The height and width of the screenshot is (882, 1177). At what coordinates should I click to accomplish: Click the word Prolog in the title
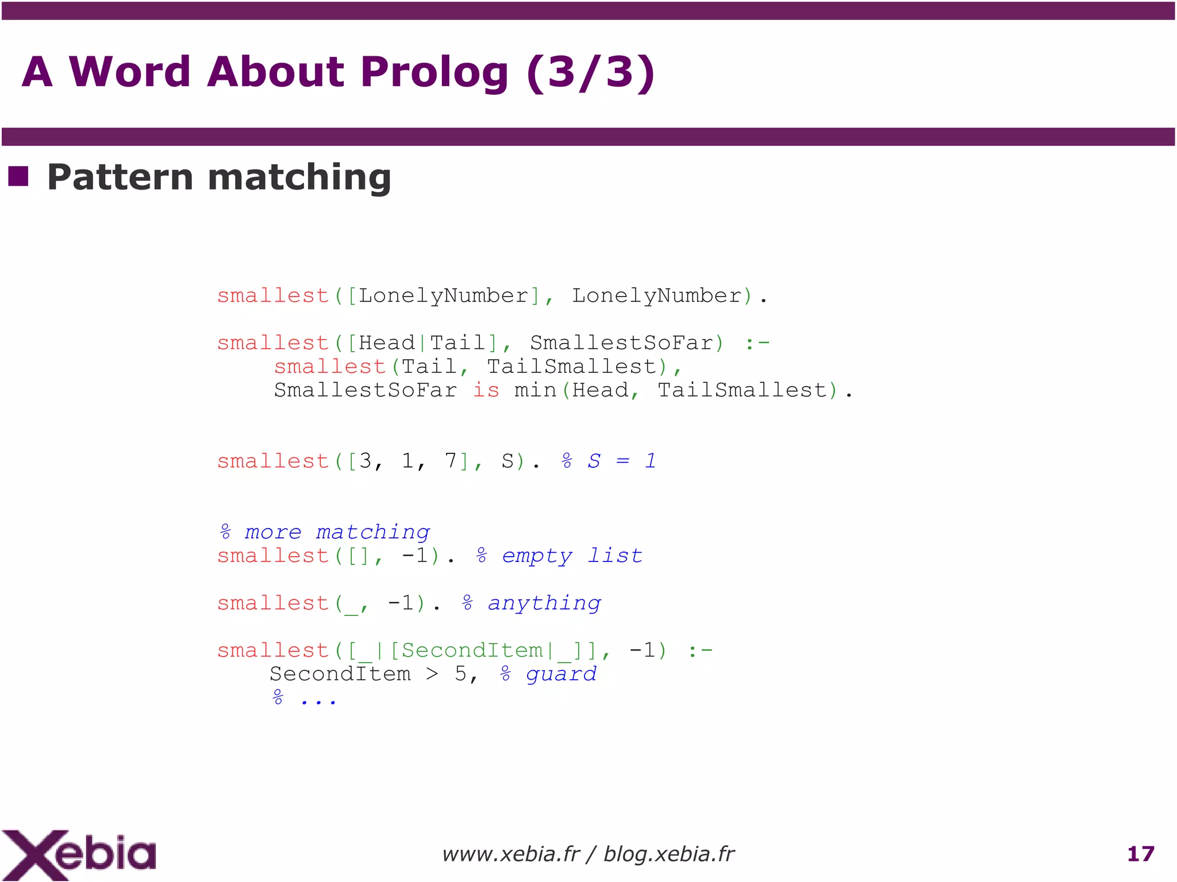(x=434, y=72)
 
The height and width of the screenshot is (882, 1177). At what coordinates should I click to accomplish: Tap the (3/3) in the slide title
(x=590, y=72)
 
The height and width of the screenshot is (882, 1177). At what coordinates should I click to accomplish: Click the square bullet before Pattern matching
(x=18, y=176)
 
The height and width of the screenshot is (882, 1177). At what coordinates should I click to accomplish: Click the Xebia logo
(x=79, y=854)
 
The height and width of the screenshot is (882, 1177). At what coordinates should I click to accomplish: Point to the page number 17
(x=1141, y=854)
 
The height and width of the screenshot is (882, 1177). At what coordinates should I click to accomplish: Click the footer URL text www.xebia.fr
(x=510, y=854)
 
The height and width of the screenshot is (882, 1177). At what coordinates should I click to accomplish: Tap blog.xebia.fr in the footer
(x=669, y=854)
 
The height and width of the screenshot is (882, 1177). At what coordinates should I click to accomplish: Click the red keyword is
(x=486, y=390)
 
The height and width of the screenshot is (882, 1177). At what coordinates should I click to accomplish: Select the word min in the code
(x=535, y=390)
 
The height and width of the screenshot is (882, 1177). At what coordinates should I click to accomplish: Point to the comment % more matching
(x=324, y=532)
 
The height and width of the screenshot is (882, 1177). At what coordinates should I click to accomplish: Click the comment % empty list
(x=559, y=556)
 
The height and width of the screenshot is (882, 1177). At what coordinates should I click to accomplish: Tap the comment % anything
(x=531, y=603)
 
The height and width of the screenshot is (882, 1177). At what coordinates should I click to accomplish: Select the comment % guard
(x=548, y=674)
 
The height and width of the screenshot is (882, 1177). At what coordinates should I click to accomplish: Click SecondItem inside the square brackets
(x=471, y=650)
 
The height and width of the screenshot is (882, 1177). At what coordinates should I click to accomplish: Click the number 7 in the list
(x=450, y=461)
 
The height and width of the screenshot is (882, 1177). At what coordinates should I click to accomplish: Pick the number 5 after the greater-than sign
(x=461, y=674)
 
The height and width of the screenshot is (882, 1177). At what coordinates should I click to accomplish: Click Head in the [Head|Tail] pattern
(x=387, y=343)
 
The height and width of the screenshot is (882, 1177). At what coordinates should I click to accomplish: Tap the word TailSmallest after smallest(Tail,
(x=572, y=367)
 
